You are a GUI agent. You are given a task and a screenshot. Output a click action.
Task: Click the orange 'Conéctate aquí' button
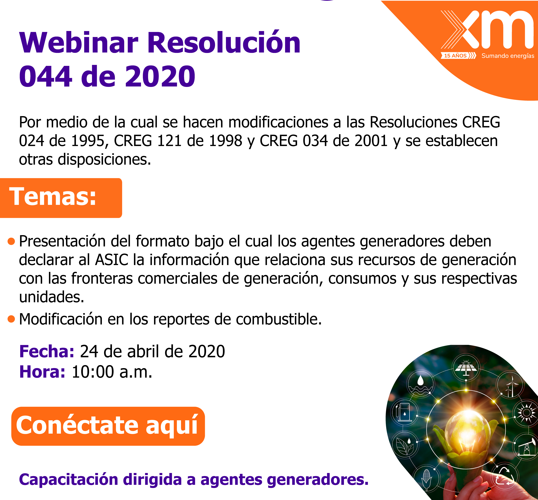(108, 426)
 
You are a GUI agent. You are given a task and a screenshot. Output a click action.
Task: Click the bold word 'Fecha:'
(46, 351)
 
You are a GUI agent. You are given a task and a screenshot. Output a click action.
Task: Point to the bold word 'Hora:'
(42, 372)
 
